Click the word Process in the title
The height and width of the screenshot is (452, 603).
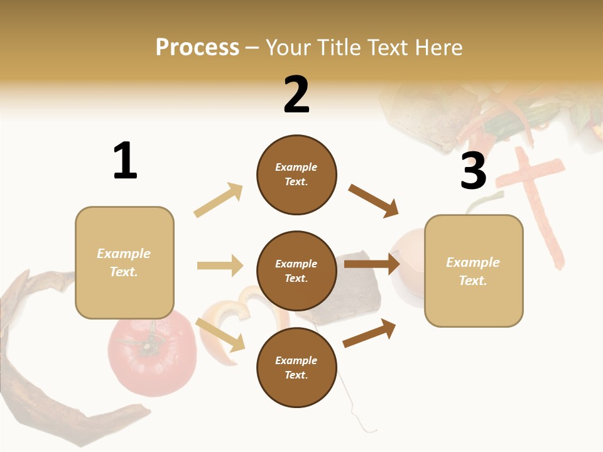pyautogui.click(x=197, y=47)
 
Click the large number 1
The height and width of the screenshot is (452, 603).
pyautogui.click(x=125, y=161)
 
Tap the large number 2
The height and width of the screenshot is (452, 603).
pyautogui.click(x=296, y=94)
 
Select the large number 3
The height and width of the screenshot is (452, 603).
pyautogui.click(x=474, y=171)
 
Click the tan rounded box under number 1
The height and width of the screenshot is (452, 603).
pyautogui.click(x=124, y=262)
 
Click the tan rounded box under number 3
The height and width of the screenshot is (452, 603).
pyautogui.click(x=474, y=271)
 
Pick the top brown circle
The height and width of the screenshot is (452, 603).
pyautogui.click(x=296, y=175)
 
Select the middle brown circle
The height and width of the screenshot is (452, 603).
pyautogui.click(x=296, y=271)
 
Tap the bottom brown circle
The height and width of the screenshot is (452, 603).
pyautogui.click(x=296, y=367)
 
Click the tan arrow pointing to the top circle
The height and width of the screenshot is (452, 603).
pyautogui.click(x=219, y=200)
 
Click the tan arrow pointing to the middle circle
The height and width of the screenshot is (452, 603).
pyautogui.click(x=220, y=266)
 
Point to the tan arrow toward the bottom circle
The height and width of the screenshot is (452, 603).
pyautogui.click(x=220, y=334)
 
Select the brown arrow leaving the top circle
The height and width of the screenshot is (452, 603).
pyautogui.click(x=374, y=201)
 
